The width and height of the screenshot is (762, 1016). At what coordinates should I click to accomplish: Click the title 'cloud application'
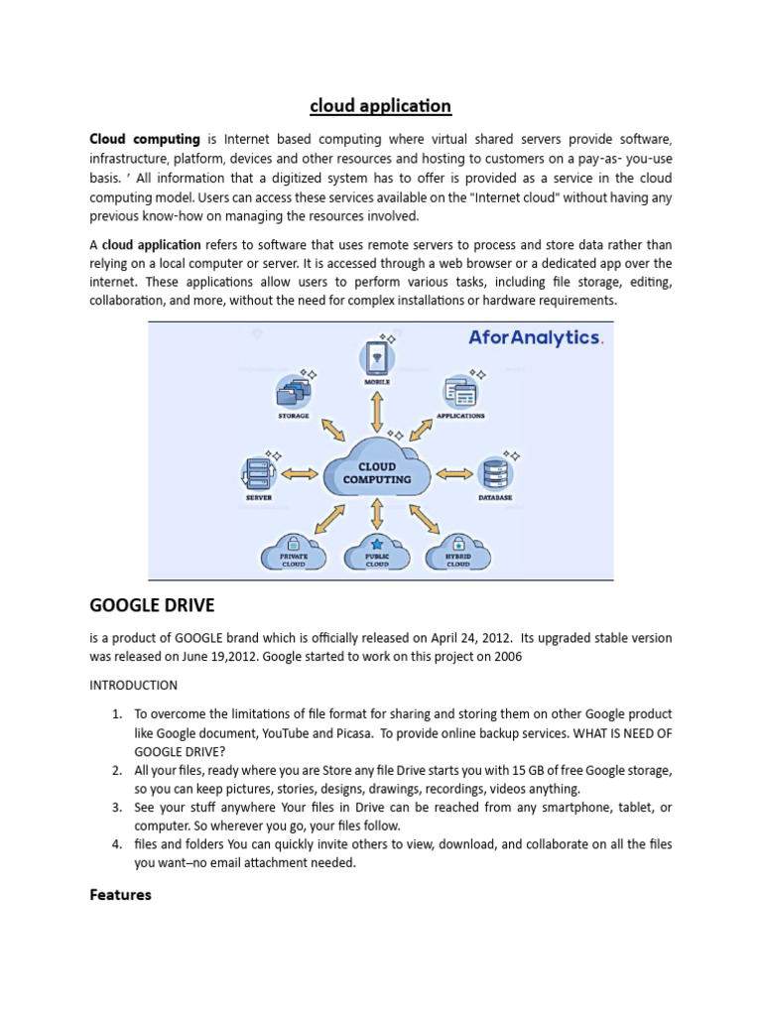click(x=380, y=105)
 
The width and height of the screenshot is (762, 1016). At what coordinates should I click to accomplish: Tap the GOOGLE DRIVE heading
click(x=152, y=604)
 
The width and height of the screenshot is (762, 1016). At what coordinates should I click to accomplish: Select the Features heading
click(x=120, y=894)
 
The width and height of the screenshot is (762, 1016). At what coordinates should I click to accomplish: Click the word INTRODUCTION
click(x=134, y=685)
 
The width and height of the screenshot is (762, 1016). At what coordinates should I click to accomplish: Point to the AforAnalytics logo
click(x=535, y=337)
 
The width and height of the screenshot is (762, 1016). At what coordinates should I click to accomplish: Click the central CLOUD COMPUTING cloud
click(x=377, y=470)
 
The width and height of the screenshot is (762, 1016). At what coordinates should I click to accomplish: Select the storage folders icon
click(x=293, y=392)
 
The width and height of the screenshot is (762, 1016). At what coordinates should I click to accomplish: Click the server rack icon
click(x=257, y=471)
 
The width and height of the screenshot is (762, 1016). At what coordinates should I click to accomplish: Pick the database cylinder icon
click(x=494, y=472)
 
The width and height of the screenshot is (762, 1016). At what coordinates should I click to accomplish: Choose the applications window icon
click(x=460, y=392)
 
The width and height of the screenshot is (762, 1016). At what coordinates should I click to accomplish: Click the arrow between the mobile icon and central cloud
click(x=377, y=410)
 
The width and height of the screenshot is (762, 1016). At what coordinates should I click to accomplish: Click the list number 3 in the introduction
click(x=116, y=808)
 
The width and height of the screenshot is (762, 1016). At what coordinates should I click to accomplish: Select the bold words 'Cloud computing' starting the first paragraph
click(x=145, y=139)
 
